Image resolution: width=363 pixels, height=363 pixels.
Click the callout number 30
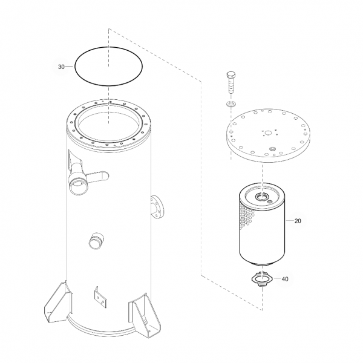click(x=61, y=67)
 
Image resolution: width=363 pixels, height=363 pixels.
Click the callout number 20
click(x=298, y=221)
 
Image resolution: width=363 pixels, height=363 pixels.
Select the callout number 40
click(x=285, y=279)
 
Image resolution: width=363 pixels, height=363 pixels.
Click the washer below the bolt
click(x=231, y=104)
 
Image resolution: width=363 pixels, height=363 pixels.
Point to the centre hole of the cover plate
click(x=268, y=133)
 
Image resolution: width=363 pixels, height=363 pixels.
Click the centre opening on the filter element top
click(x=262, y=197)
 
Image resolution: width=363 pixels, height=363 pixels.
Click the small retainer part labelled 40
click(x=261, y=279)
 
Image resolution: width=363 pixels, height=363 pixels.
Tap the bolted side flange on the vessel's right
click(x=157, y=207)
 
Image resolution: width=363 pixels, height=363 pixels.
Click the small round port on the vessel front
click(x=96, y=241)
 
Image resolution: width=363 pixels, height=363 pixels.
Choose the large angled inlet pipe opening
click(x=79, y=186)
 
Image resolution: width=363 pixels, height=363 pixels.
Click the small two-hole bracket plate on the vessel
click(x=100, y=297)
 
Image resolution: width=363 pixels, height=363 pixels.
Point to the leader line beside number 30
click(x=69, y=67)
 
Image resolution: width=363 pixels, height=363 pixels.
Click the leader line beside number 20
click(x=290, y=221)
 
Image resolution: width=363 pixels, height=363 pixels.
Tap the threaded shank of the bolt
click(x=231, y=86)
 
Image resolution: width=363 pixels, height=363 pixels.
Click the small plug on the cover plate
click(x=272, y=148)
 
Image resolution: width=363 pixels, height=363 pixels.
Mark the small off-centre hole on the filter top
click(x=269, y=202)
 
